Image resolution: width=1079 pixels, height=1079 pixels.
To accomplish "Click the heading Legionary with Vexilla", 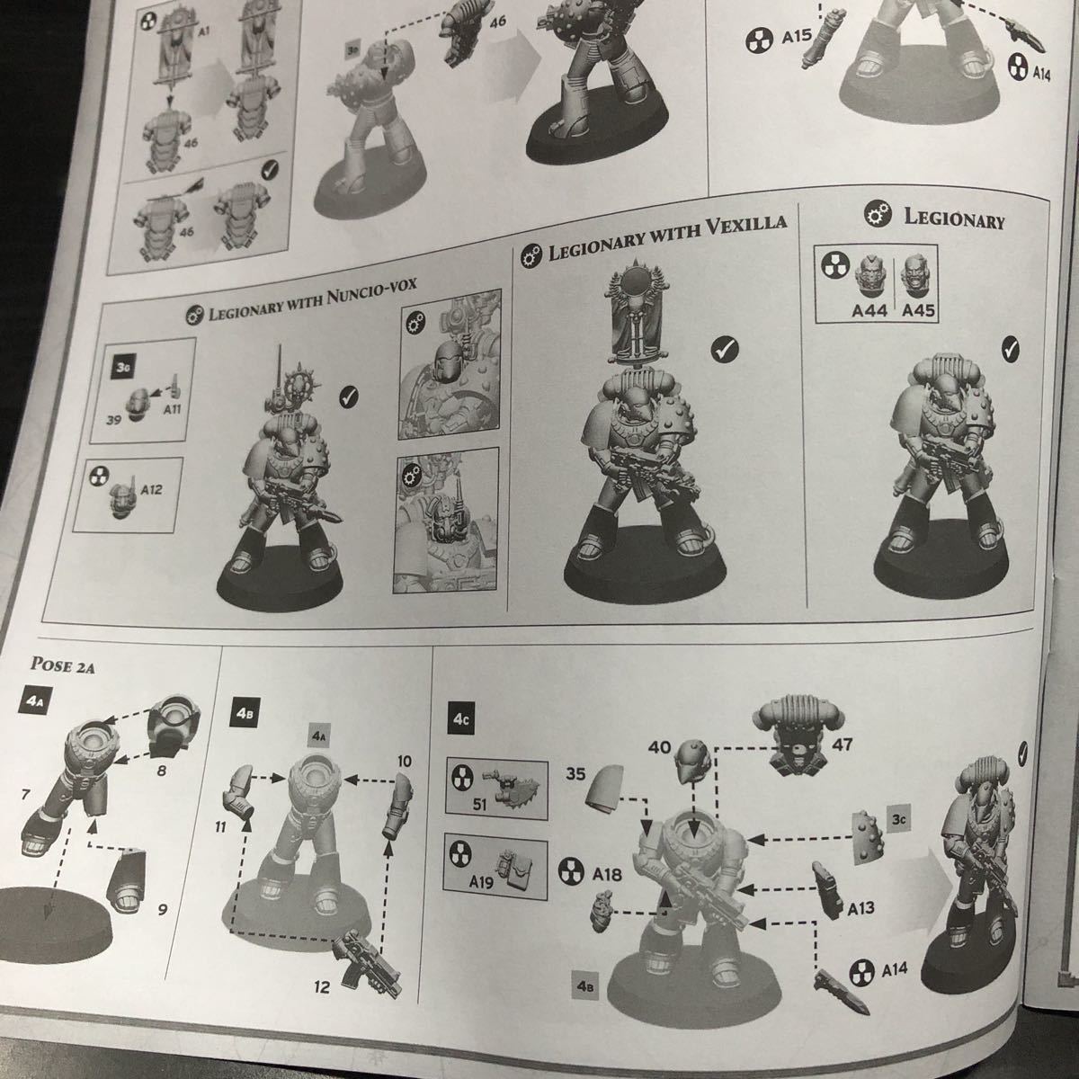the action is pos(666,237).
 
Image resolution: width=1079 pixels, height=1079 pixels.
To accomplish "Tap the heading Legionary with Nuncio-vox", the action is pos(312,300).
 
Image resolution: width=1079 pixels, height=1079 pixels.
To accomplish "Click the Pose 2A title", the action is pos(62,665).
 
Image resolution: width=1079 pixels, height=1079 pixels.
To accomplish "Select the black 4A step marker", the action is pos(31,701).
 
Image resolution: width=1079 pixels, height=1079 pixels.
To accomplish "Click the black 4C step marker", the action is pos(461,719).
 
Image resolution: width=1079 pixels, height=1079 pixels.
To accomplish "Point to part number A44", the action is pos(869,309).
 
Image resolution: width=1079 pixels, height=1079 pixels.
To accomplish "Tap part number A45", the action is pos(918,310).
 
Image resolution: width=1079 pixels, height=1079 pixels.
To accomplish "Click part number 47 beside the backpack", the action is pos(843,745).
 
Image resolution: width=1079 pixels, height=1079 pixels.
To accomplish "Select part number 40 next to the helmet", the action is pos(660,746).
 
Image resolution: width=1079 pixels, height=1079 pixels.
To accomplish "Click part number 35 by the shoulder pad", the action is pos(575,774).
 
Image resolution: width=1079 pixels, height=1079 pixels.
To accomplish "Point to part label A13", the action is pos(861,907).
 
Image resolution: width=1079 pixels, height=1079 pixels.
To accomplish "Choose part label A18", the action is pos(607,874).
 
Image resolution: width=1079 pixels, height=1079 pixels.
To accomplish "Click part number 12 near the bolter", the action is pos(322,986).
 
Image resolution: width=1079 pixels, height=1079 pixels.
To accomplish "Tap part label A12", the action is pos(151,489).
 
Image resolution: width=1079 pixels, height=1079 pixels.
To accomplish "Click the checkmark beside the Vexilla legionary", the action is pos(725,349).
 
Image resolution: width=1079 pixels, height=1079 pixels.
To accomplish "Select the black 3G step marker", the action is pos(122,368).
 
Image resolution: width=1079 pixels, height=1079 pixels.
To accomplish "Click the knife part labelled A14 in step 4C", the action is pos(842,993).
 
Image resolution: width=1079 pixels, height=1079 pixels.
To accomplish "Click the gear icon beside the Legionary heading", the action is pos(878,215).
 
